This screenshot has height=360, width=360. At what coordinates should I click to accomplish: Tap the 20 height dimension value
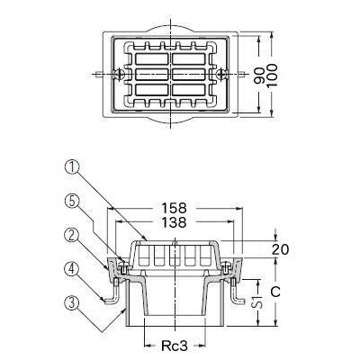click(280, 249)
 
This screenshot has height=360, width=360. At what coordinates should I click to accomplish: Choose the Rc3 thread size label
click(176, 345)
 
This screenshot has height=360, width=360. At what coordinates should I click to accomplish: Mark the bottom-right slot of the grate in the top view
click(200, 90)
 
